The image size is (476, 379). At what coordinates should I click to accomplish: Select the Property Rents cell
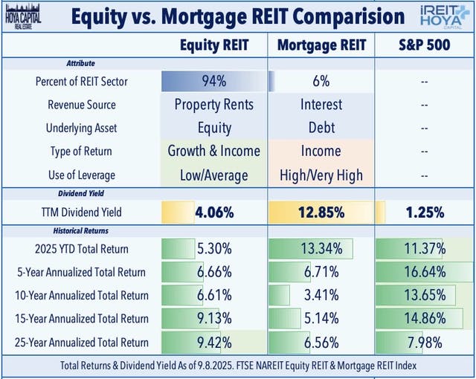click(x=214, y=104)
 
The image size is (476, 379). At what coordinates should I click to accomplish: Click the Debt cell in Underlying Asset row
click(x=321, y=128)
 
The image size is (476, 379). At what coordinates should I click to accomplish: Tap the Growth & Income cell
click(x=214, y=151)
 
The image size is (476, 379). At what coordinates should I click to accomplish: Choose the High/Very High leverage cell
click(x=321, y=175)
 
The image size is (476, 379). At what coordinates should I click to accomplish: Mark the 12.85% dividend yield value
click(x=321, y=213)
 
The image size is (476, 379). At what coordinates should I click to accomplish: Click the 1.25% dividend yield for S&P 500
click(x=423, y=213)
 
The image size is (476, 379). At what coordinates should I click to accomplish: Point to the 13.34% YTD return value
click(x=321, y=247)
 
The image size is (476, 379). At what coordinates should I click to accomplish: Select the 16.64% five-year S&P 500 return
click(x=423, y=271)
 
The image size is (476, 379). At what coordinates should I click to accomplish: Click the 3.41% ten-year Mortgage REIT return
click(x=321, y=295)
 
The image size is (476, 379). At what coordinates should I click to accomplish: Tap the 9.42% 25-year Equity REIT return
click(x=214, y=343)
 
